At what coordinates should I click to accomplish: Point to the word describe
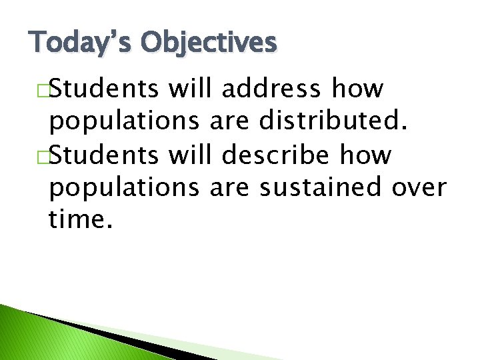click(x=272, y=155)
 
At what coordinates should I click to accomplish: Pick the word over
click(x=418, y=189)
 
